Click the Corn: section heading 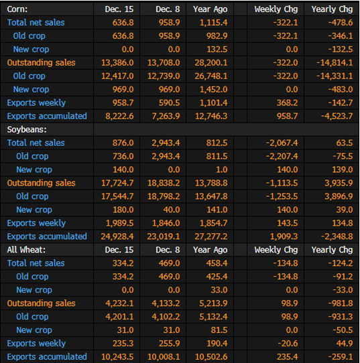17,9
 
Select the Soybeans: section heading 27,130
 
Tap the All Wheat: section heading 26,250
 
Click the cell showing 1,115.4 214,23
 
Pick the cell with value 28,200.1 211,63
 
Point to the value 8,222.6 119,117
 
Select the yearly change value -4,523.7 337,117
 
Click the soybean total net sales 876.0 123,143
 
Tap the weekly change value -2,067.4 282,143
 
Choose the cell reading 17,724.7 117,183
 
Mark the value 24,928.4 117,236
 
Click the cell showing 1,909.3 284,236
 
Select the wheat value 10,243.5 117,357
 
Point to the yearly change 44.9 345,344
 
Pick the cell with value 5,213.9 213,303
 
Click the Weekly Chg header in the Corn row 276,9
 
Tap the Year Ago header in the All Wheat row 211,250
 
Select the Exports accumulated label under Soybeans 47,236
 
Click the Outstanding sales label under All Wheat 42,303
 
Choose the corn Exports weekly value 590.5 169,102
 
